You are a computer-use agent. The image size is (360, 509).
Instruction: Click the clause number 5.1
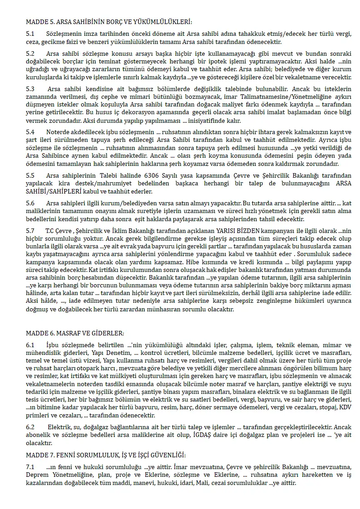(30, 34)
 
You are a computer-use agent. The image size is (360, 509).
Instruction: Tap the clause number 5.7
(30, 231)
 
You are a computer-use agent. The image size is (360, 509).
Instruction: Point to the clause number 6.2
(30, 427)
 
